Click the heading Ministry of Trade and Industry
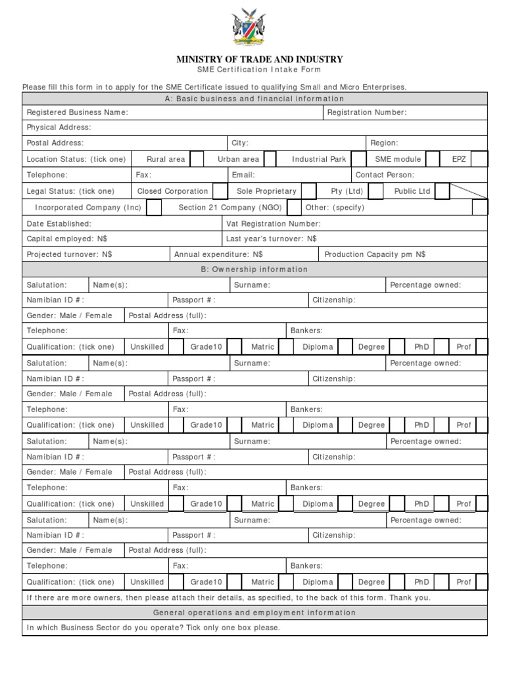tap(259, 60)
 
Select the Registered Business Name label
tap(77, 112)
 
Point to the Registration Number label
tap(367, 112)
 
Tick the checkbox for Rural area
tap(196, 159)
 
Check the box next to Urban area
tap(270, 159)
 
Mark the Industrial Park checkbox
tap(358, 159)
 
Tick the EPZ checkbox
tap(480, 159)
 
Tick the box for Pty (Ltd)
tap(375, 191)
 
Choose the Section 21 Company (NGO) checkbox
tap(294, 208)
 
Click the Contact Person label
tap(385, 175)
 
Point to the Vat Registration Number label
tap(273, 223)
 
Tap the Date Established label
tap(59, 223)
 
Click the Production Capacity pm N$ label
tap(375, 254)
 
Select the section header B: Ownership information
tap(254, 269)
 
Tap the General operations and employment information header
tap(254, 613)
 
